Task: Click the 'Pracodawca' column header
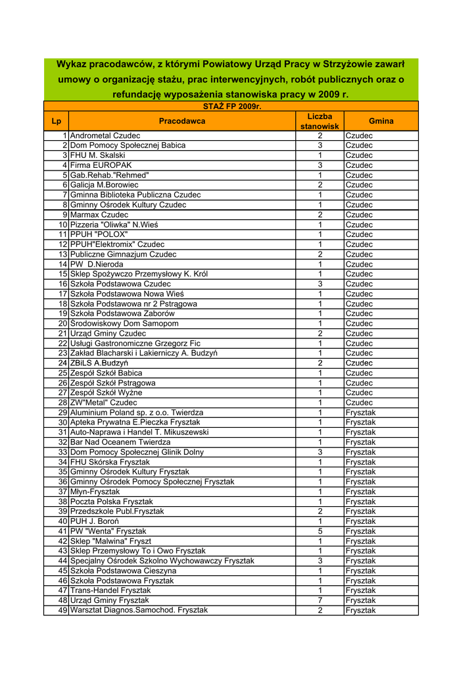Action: tap(181, 121)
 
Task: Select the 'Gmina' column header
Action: tap(381, 121)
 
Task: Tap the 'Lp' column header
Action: tap(56, 121)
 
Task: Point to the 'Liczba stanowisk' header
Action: tap(320, 121)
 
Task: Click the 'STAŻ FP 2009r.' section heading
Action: tap(231, 106)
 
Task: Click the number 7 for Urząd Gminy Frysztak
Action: tap(320, 600)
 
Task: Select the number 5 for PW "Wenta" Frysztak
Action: tap(320, 531)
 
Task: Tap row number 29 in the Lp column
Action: tap(63, 413)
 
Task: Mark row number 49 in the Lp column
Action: tap(63, 610)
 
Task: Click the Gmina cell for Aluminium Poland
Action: tap(361, 413)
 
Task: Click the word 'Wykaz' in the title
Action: tap(72, 64)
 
